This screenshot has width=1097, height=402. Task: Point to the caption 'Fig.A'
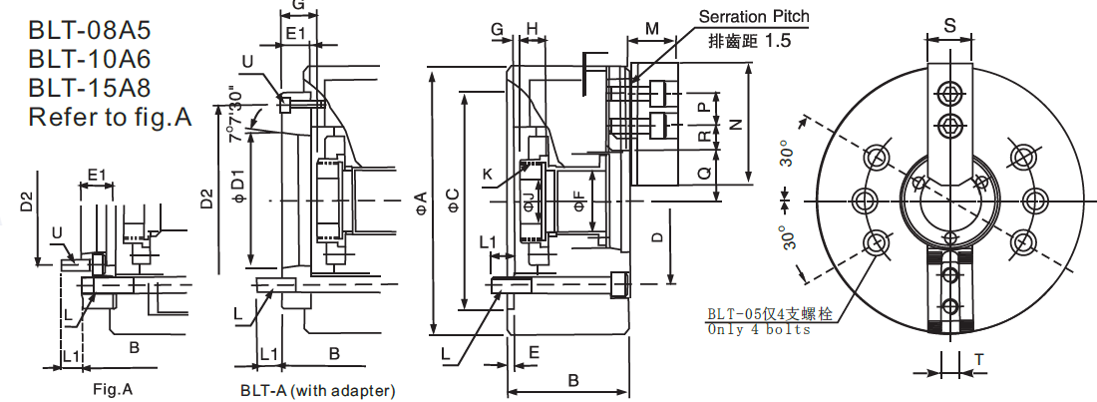pyautogui.click(x=112, y=388)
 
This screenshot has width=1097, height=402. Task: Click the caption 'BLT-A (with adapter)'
pyautogui.click(x=318, y=389)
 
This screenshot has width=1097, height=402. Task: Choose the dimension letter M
pyautogui.click(x=652, y=28)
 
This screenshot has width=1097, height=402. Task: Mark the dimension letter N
pyautogui.click(x=736, y=124)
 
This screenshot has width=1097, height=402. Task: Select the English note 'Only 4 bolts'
pyautogui.click(x=759, y=330)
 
